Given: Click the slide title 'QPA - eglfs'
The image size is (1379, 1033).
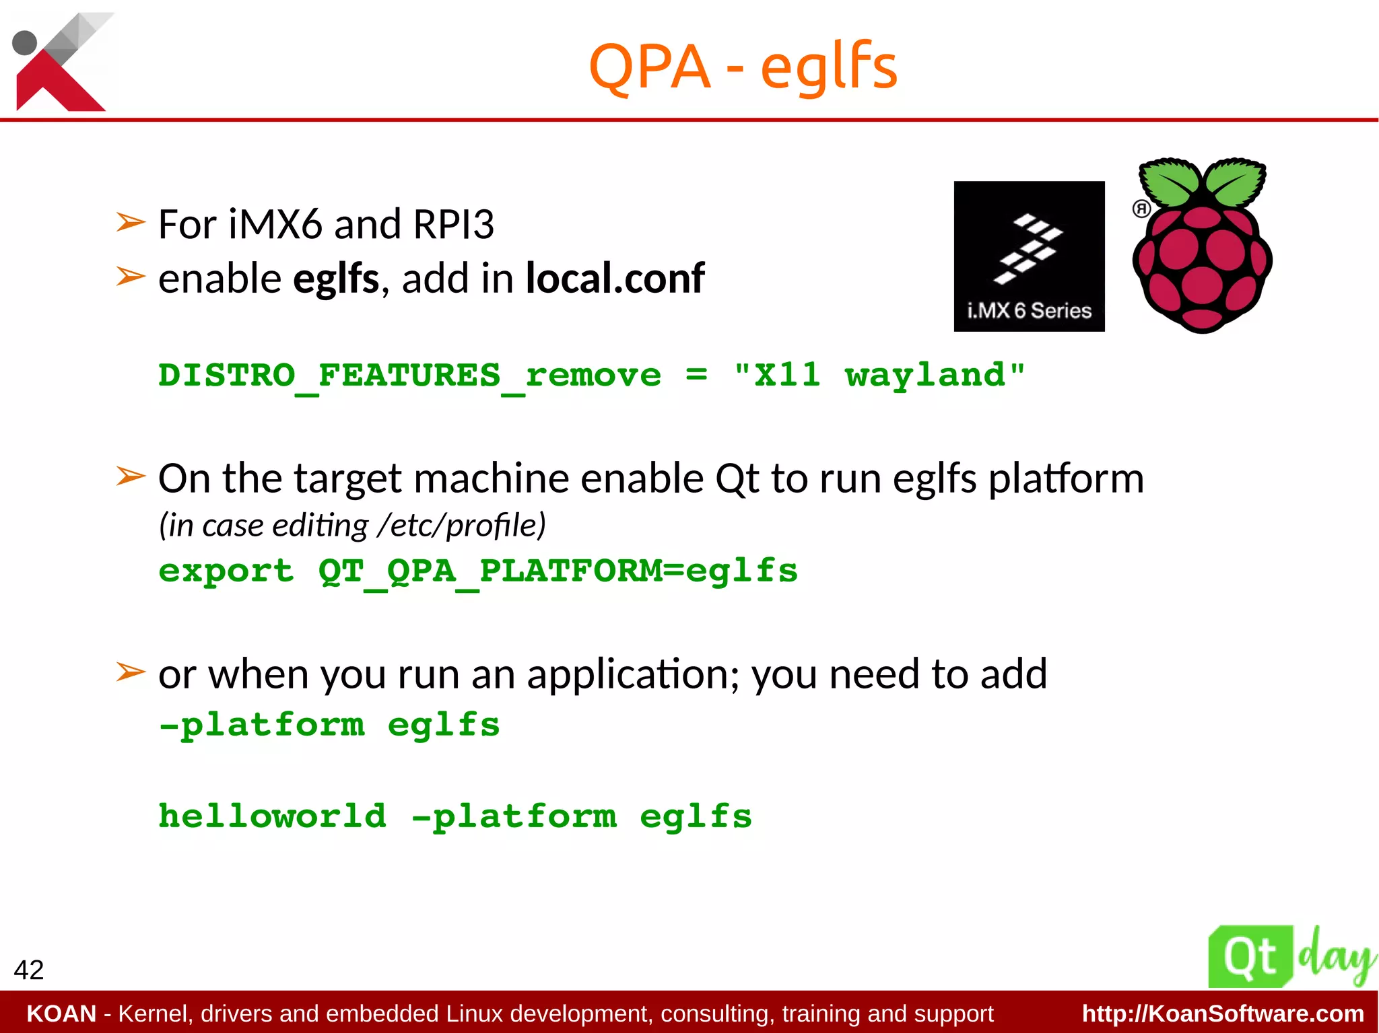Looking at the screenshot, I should coord(743,67).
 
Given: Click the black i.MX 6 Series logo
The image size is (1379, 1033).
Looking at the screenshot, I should coord(1029,256).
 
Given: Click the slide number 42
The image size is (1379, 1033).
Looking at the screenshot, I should coord(28,970).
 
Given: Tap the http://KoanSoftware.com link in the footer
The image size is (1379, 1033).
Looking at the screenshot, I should coord(1223,1013).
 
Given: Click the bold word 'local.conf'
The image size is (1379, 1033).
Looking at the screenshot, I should coord(614,278).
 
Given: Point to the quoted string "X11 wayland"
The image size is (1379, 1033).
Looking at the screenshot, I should coord(879,376).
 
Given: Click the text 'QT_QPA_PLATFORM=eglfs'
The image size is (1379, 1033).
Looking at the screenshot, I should coord(558,571).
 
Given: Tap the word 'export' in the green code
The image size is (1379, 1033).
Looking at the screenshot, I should coord(226,571).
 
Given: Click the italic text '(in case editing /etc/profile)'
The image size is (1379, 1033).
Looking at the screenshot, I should coord(351,526).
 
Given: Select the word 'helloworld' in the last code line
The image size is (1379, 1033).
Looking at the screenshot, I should coord(272,816).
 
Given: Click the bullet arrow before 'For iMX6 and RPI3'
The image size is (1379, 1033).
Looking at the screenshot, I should coord(130,222).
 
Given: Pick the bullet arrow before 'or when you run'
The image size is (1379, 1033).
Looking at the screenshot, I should coord(130,672).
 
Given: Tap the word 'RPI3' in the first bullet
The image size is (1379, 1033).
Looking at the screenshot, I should coord(453,224).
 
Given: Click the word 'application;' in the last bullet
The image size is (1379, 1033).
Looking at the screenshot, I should coord(633,674).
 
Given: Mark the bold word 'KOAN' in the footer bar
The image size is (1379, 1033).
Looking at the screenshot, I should coord(61,1013).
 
